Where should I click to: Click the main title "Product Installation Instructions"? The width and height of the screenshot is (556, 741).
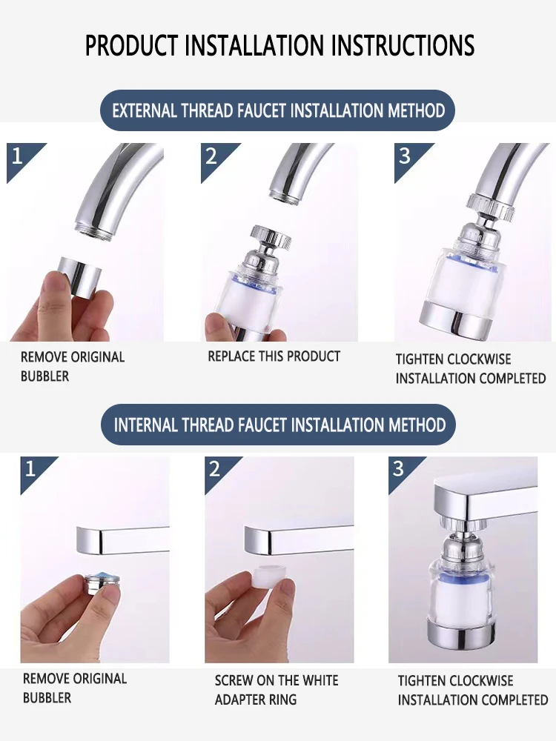click(279, 45)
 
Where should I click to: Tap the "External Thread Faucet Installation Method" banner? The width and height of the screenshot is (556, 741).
click(279, 111)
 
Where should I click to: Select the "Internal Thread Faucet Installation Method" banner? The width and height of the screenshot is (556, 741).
click(279, 425)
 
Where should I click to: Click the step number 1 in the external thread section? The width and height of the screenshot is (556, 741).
click(18, 156)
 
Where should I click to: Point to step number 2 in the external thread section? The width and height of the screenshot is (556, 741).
click(212, 156)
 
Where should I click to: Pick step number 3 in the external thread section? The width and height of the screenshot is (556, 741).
click(405, 156)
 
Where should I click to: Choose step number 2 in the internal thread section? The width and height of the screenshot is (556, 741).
click(215, 469)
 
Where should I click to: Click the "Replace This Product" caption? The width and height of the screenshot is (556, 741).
click(274, 356)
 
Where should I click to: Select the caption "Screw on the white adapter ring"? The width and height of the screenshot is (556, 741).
click(277, 690)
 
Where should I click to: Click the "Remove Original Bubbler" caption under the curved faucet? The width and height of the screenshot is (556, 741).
click(73, 366)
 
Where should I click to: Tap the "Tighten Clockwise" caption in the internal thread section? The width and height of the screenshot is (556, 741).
click(455, 681)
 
